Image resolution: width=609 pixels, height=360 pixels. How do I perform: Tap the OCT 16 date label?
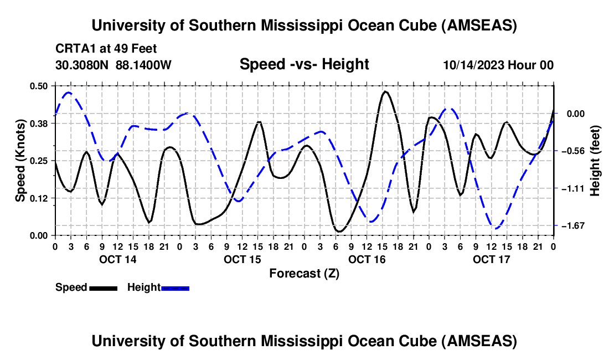pyautogui.click(x=367, y=259)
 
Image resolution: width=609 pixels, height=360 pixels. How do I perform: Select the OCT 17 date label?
pyautogui.click(x=491, y=259)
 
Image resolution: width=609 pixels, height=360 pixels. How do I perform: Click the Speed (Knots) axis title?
pyautogui.click(x=20, y=161)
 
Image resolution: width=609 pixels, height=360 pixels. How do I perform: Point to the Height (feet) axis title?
pyautogui.click(x=595, y=161)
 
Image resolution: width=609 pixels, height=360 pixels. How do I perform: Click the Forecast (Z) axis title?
pyautogui.click(x=304, y=273)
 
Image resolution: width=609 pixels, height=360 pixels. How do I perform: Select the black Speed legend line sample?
pyautogui.click(x=103, y=288)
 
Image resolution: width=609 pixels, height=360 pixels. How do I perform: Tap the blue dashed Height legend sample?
pyautogui.click(x=176, y=288)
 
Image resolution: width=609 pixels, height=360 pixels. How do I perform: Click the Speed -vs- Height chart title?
pyautogui.click(x=304, y=65)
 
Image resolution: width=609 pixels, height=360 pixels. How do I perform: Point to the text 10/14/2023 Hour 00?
pyautogui.click(x=498, y=65)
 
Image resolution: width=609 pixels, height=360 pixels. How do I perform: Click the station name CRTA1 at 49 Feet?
pyautogui.click(x=106, y=49)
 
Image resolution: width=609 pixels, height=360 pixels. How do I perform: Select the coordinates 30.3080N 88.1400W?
pyautogui.click(x=113, y=65)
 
